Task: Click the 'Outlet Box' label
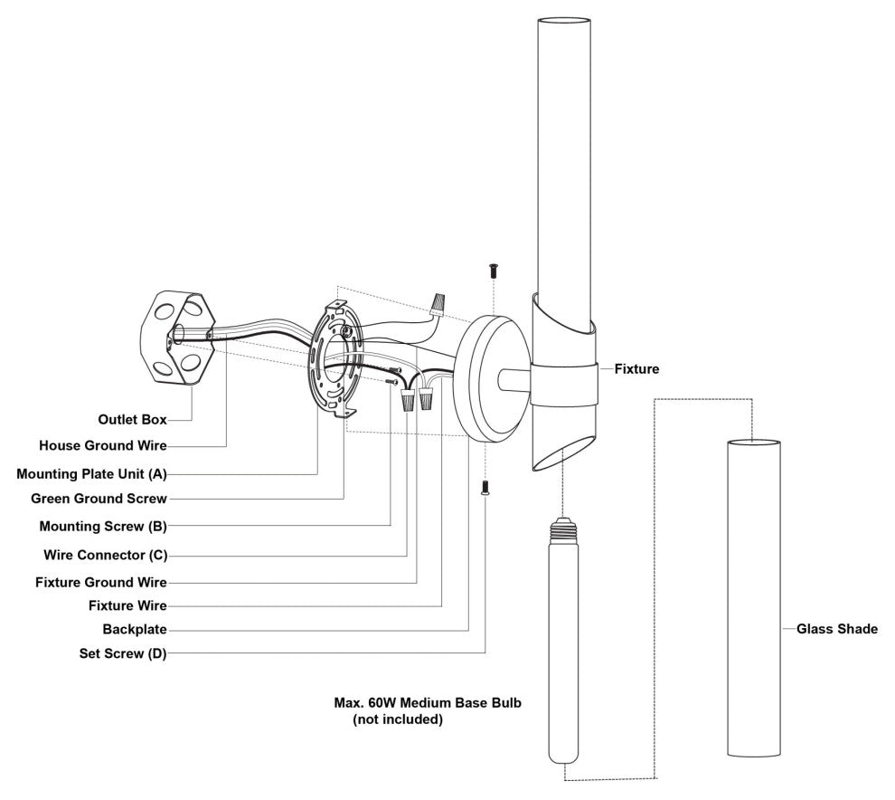(132, 419)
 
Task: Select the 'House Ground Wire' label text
(103, 446)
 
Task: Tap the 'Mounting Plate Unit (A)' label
(91, 473)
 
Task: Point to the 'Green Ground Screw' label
(99, 499)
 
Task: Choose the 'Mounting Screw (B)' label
(103, 527)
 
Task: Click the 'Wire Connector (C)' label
(106, 555)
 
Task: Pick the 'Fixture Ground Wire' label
(101, 582)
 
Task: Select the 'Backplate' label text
(135, 629)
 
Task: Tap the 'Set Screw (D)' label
(123, 653)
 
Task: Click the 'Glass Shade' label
(837, 629)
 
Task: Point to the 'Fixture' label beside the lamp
(636, 369)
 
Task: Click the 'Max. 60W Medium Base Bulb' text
(428, 702)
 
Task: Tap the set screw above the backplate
(493, 271)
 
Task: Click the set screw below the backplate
(485, 488)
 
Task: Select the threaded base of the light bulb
(563, 531)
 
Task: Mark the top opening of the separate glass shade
(753, 443)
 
